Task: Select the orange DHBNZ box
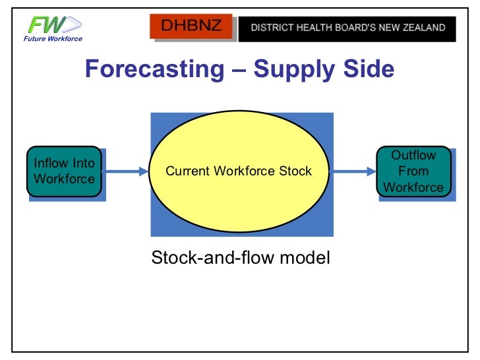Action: tap(193, 28)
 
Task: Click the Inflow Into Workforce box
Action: tap(64, 171)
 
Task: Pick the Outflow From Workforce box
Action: tap(413, 171)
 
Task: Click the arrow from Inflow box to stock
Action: tap(127, 172)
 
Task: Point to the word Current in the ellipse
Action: tap(187, 171)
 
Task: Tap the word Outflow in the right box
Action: tap(413, 156)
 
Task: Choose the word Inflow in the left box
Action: tap(50, 164)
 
